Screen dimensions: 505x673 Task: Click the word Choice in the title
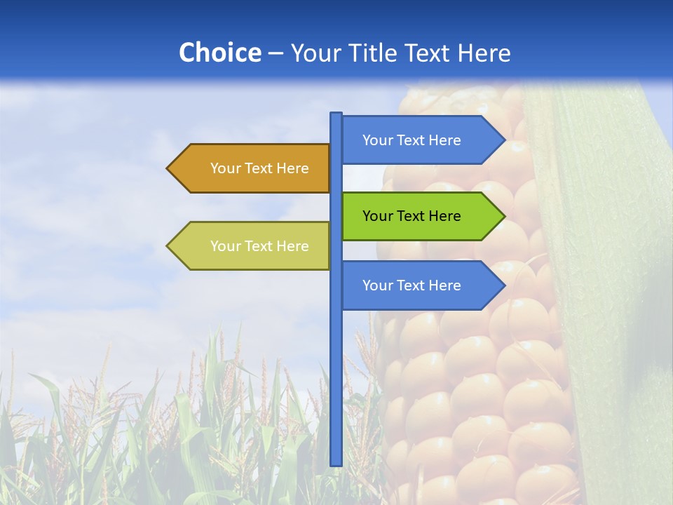pos(219,53)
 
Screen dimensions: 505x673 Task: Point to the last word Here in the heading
pos(484,53)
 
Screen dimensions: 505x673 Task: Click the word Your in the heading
pos(315,53)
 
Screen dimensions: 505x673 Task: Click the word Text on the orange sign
pos(259,168)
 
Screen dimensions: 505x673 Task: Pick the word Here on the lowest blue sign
pos(444,285)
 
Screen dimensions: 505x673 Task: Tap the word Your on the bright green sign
pos(377,216)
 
